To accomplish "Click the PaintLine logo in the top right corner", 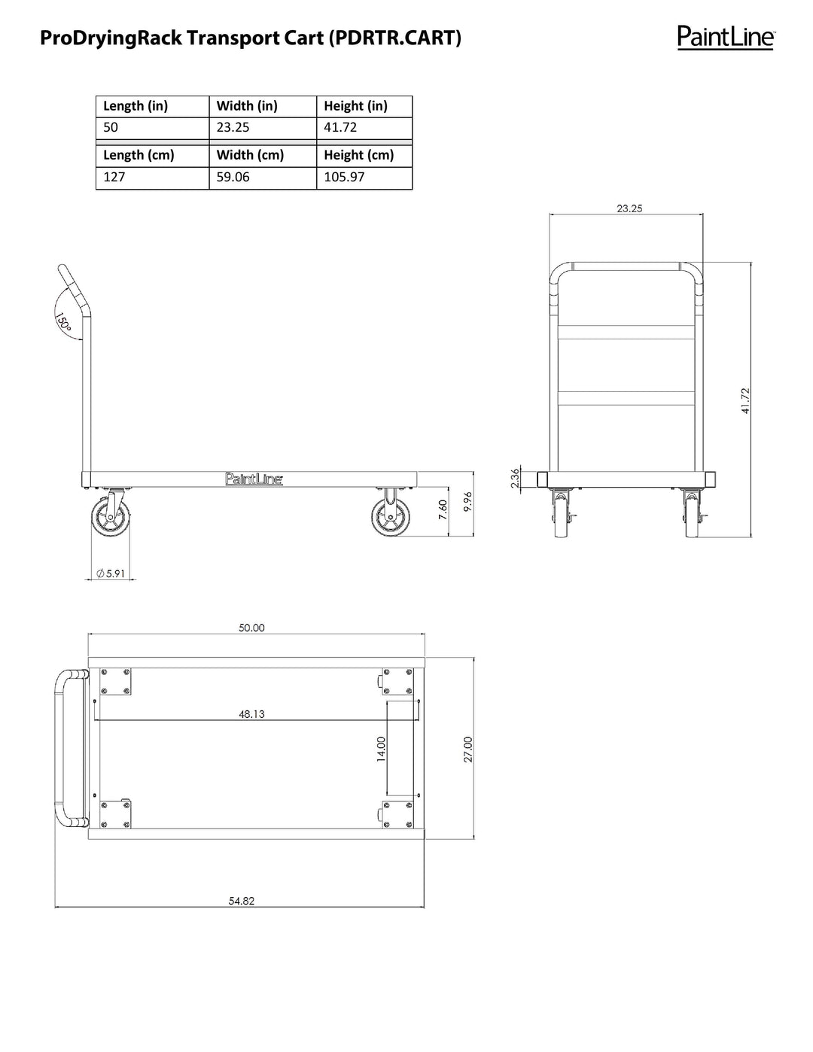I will pos(725,36).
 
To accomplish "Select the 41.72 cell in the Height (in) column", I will pos(340,127).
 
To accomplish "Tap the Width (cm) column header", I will pos(250,155).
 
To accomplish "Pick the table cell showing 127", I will pos(114,177).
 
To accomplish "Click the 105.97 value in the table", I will pos(344,177).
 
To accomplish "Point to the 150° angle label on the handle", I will pos(63,323).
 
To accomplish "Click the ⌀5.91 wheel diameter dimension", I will pos(111,573).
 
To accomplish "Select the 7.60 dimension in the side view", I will pos(443,509).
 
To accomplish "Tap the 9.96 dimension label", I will pos(467,502).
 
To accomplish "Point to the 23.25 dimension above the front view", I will pos(629,208).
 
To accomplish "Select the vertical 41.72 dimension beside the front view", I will pos(745,400).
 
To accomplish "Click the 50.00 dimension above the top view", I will pos(251,628).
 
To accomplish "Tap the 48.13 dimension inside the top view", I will pos(251,714).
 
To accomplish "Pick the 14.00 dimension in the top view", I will pos(381,749).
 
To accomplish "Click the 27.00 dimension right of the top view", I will pos(467,749).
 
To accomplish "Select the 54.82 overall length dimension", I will pos(242,901).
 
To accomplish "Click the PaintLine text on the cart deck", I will pos(254,479).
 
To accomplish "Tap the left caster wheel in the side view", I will pos(109,520).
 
